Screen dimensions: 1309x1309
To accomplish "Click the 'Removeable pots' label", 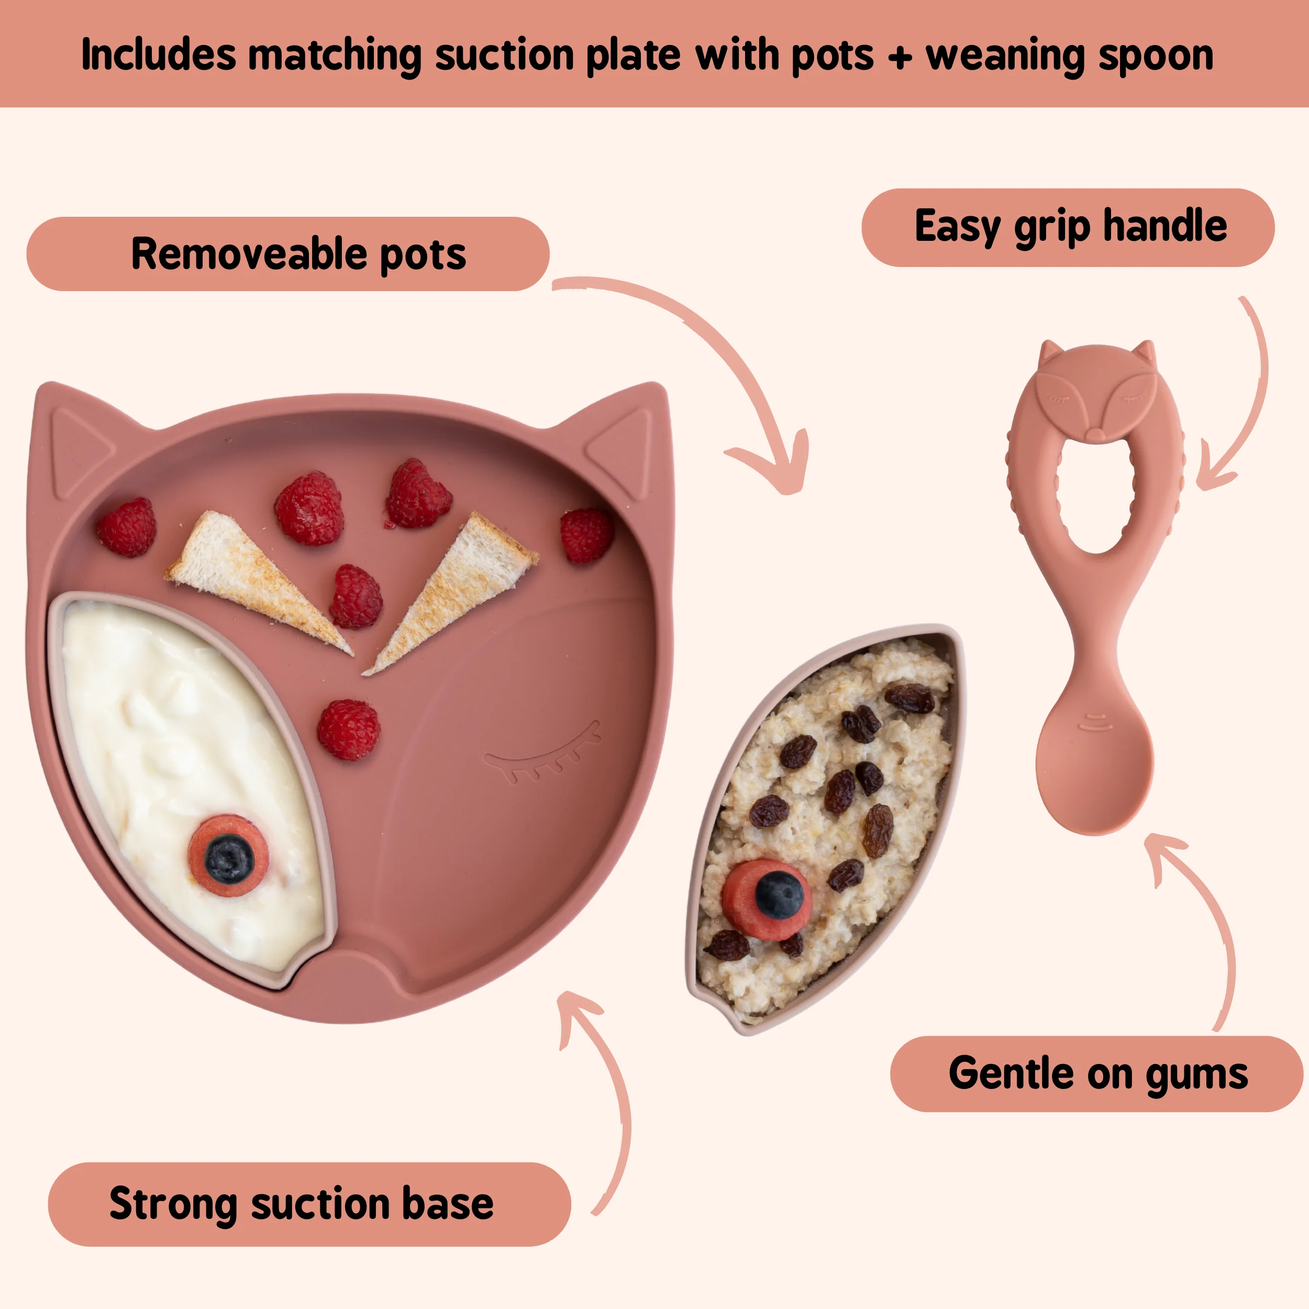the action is [287, 254].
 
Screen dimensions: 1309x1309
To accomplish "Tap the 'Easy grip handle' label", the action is [1068, 228].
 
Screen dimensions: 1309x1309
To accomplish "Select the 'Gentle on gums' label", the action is [1096, 1074].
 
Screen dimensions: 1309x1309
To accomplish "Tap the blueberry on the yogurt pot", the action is [228, 857].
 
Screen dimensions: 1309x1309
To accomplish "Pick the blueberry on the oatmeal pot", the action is [779, 894].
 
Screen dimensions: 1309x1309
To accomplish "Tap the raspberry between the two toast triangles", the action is [356, 596].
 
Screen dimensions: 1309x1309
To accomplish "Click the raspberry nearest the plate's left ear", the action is [127, 527].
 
